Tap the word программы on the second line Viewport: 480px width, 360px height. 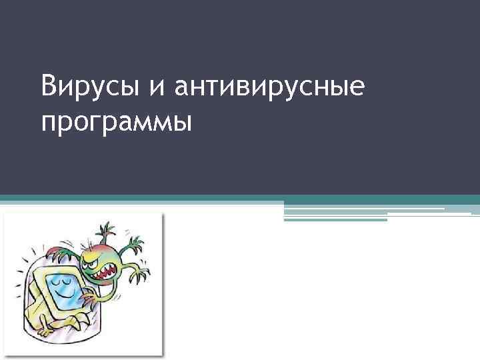point(115,123)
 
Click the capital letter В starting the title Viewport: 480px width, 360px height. point(47,86)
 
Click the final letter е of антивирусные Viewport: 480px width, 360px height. point(357,89)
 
